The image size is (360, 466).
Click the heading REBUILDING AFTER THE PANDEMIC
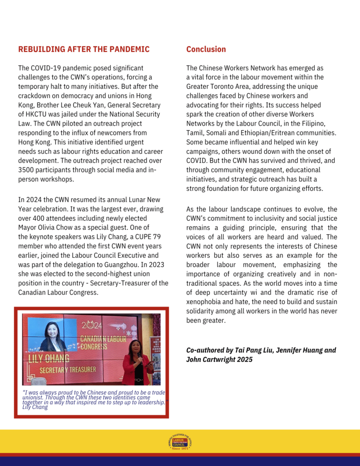[84, 49]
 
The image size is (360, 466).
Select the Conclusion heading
[206, 49]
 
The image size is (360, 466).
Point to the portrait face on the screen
[52, 331]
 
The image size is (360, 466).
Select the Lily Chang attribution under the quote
[35, 407]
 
